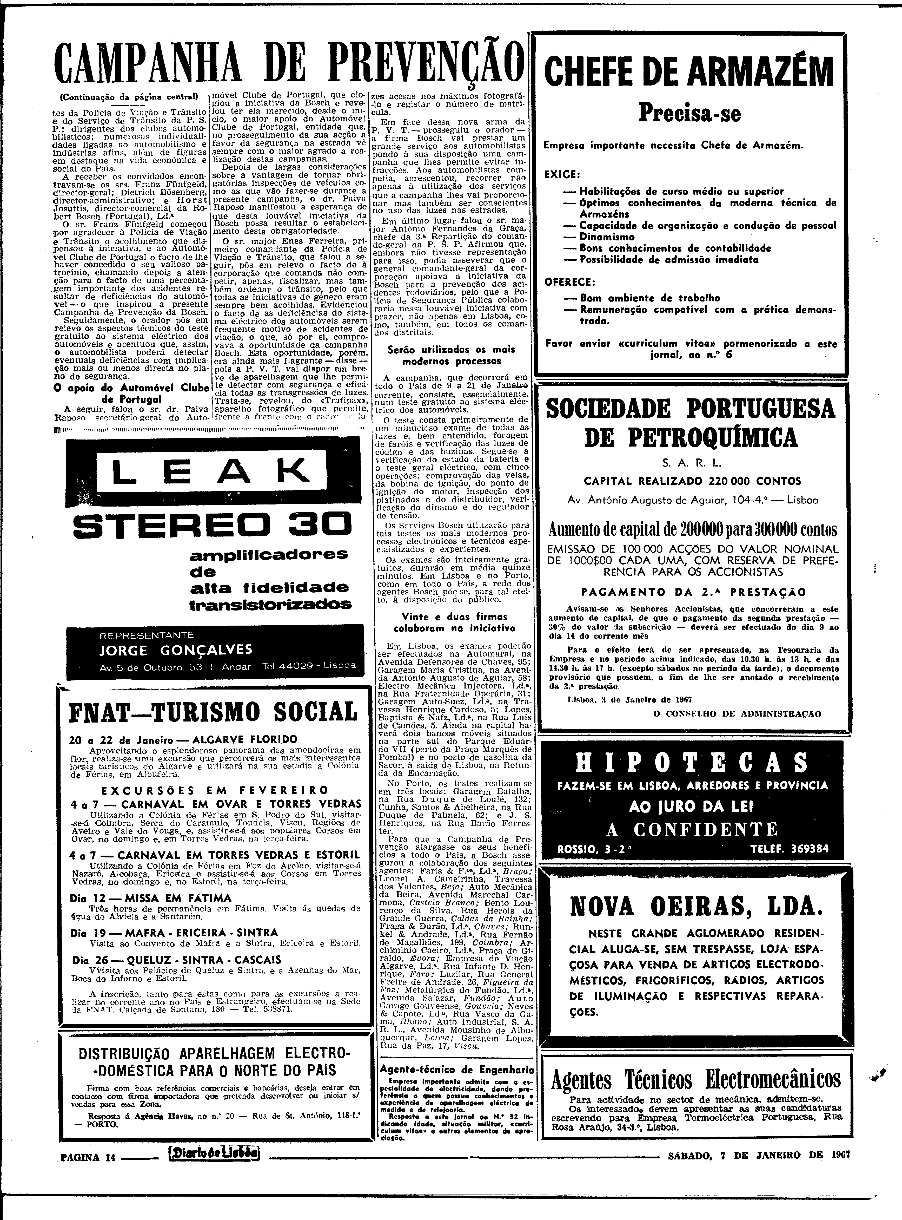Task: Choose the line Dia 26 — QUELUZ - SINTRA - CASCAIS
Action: click(x=176, y=960)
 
